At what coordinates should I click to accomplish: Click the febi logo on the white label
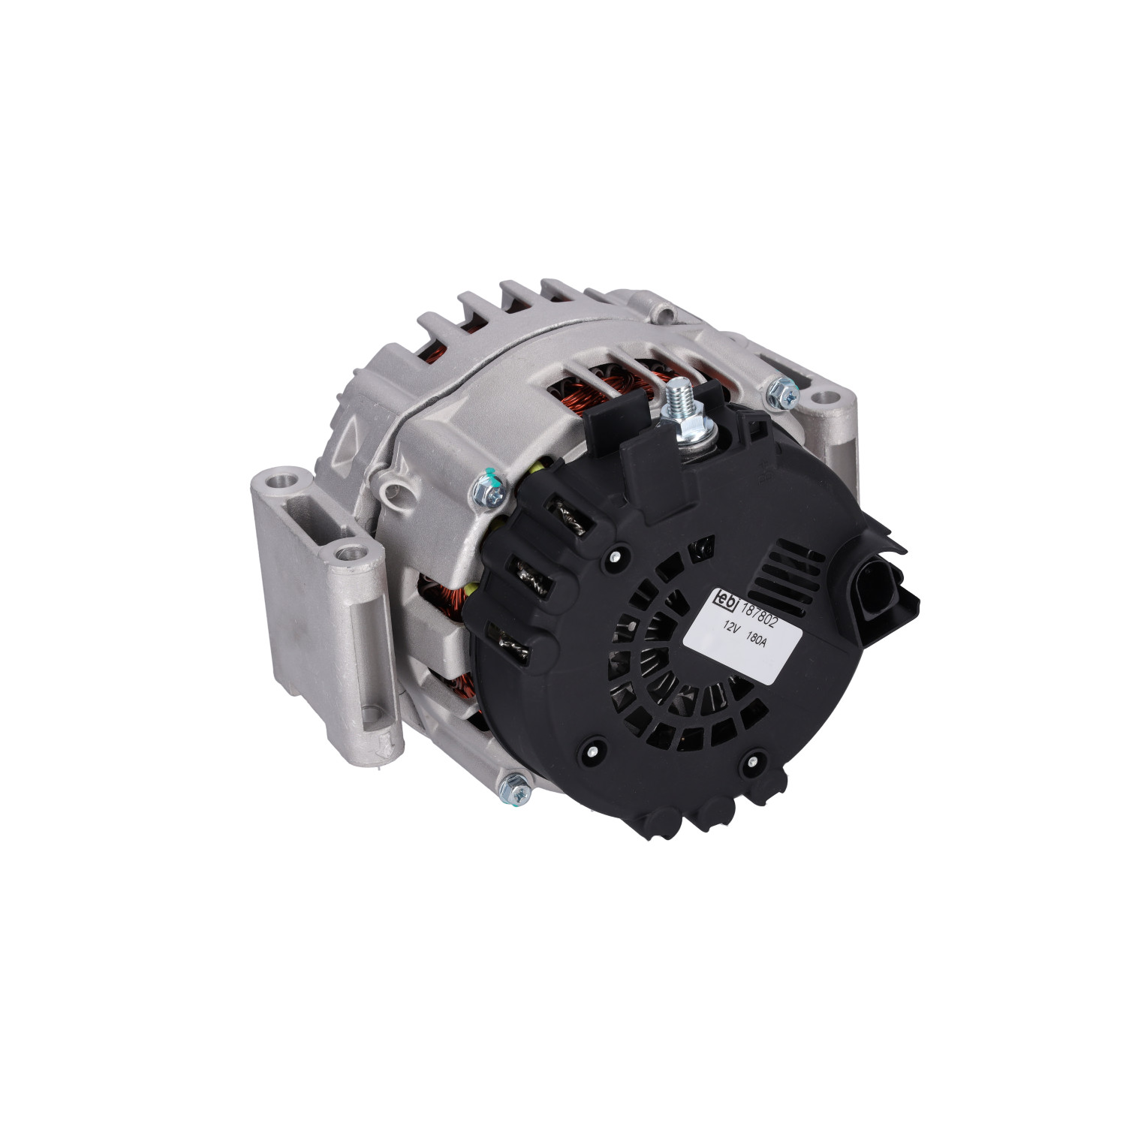pos(725,598)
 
